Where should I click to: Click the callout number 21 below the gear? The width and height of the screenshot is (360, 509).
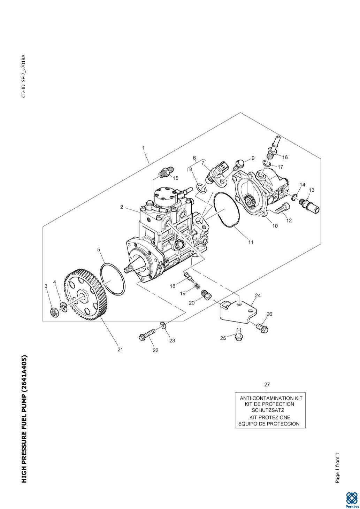coord(120,349)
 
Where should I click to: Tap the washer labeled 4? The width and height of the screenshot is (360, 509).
coord(63,307)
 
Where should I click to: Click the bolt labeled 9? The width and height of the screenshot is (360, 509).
coord(239,164)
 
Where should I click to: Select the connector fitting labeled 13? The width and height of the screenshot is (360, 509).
coord(309,205)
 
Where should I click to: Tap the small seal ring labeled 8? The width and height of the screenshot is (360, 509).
coord(201,188)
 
